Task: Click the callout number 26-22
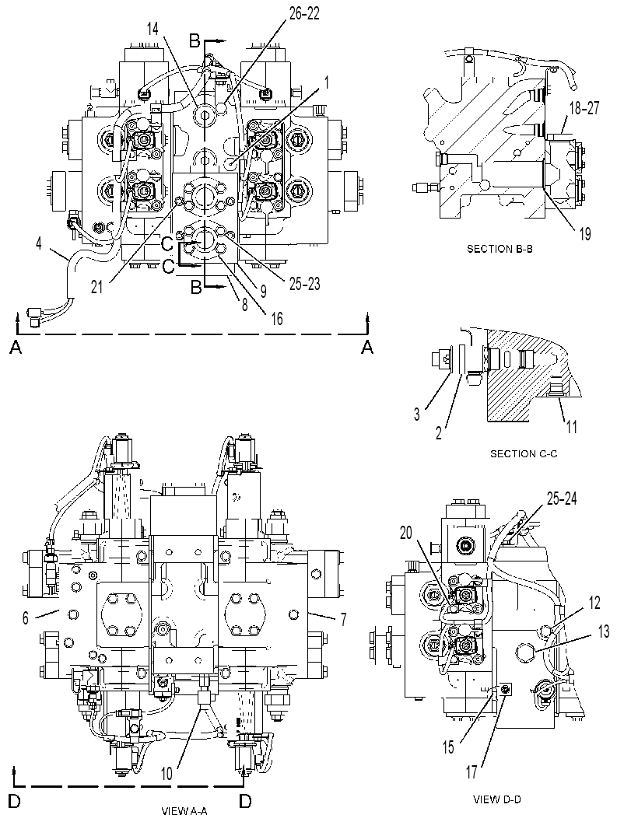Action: [x=304, y=14]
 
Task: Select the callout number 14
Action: [x=152, y=30]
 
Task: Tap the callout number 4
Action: [x=39, y=243]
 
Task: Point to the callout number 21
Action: [x=97, y=288]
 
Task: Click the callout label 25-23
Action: [x=305, y=284]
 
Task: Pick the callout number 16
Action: [x=276, y=318]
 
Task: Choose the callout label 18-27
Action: [x=584, y=109]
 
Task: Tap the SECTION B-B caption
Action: [x=500, y=250]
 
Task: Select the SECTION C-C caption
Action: [x=524, y=453]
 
